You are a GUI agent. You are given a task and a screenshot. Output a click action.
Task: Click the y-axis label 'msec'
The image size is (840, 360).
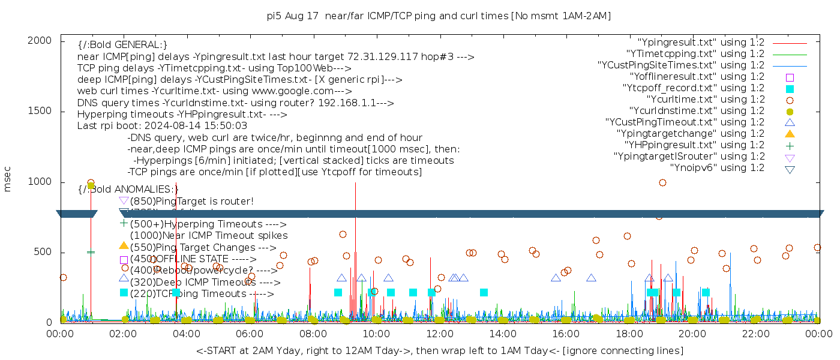pos(8,179)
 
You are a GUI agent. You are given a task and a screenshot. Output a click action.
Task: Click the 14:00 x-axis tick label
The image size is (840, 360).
pos(502,334)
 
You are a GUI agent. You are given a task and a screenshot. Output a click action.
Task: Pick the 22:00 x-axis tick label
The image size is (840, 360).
pos(755,334)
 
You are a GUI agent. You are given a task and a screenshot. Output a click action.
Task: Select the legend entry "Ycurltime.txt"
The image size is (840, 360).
pos(705,100)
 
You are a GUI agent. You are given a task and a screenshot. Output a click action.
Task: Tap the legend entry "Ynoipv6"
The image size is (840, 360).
pos(717,168)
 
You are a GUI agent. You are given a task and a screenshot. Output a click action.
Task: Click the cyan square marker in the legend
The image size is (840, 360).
pos(790,88)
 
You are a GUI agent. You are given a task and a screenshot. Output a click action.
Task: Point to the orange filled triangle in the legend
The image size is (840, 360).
pos(790,133)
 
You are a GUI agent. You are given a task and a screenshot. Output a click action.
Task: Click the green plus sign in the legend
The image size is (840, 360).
pos(790,145)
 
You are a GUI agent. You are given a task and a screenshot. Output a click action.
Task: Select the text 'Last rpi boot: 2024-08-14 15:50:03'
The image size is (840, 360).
pos(162,126)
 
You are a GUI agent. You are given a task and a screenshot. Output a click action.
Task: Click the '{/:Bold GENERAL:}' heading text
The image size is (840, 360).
pos(122,45)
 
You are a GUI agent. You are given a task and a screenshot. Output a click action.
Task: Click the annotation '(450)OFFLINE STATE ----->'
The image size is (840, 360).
pos(193,259)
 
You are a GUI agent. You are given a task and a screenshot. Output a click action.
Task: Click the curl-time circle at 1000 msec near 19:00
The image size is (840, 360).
pos(662,183)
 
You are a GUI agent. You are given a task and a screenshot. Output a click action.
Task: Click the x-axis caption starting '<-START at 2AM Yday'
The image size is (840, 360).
pos(439,350)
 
